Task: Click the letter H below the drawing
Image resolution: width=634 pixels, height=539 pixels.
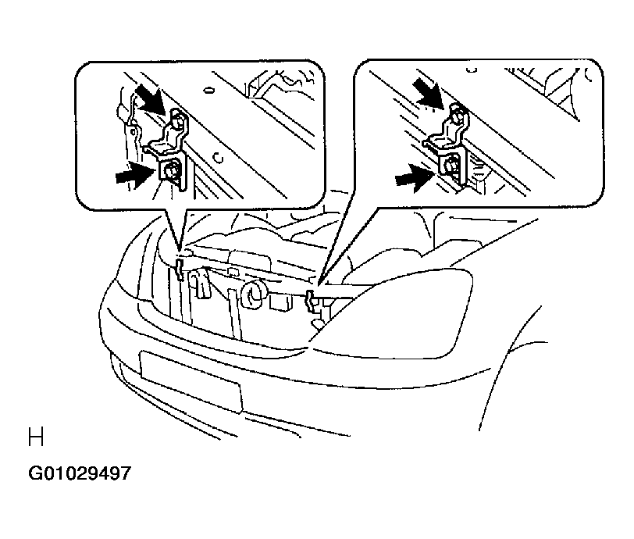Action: coord(36,437)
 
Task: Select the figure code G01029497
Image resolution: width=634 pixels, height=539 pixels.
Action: coord(80,473)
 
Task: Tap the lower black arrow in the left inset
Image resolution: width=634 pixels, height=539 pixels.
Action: coord(134,175)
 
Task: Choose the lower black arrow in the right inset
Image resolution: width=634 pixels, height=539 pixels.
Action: coord(414,177)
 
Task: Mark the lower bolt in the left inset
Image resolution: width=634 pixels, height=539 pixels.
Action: coord(171,170)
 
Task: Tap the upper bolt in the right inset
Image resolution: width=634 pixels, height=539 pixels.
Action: coord(456,116)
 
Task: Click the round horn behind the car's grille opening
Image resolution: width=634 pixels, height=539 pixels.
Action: coord(253,294)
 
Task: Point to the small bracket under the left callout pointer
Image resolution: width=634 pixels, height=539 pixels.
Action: coord(180,270)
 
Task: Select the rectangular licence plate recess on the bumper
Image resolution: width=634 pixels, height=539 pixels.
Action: coord(191,381)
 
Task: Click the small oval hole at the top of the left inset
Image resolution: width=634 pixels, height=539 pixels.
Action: coord(208,89)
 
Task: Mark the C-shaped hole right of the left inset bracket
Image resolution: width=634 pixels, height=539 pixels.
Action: coord(219,157)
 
